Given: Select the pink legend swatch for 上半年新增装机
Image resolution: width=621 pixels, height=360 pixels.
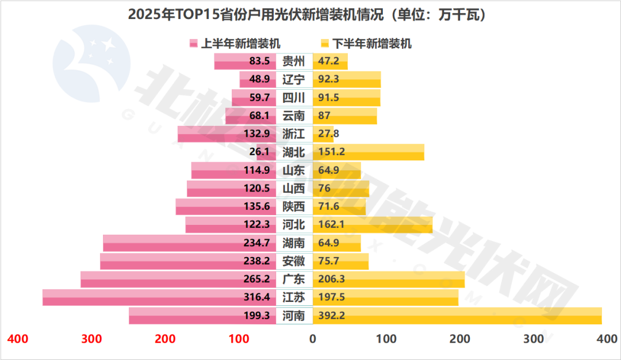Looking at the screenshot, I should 193,43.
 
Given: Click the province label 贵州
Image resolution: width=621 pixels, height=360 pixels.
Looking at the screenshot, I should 294,62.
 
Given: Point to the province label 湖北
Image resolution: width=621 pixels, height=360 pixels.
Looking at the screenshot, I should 294,152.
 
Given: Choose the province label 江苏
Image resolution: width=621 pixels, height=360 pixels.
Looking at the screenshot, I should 294,297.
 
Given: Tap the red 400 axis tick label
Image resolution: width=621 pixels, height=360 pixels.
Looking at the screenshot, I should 17,339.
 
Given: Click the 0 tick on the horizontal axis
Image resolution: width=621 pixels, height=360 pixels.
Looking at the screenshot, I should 312,339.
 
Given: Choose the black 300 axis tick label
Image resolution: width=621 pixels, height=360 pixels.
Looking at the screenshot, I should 534,339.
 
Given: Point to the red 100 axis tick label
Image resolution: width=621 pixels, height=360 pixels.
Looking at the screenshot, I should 239,339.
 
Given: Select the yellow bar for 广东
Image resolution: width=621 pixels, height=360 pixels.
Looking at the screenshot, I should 402,279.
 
